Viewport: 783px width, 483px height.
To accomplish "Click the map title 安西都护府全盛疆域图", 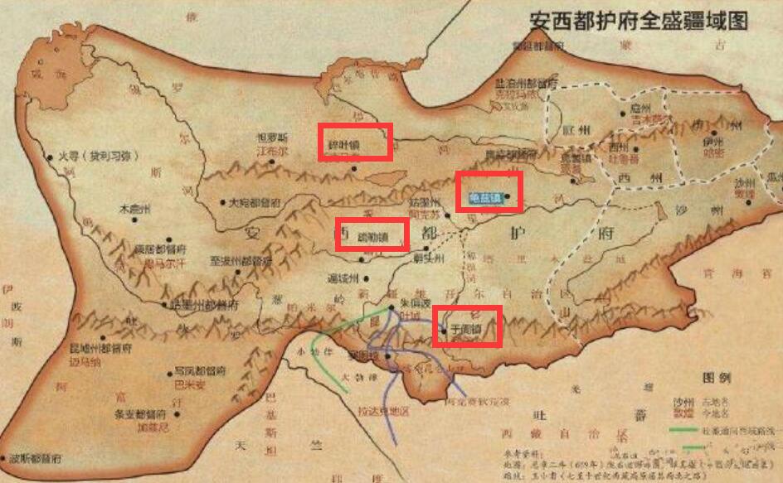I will tap(639, 19).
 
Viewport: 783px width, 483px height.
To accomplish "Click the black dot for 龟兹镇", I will tap(507, 196).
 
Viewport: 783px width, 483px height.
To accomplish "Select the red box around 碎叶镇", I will tap(356, 142).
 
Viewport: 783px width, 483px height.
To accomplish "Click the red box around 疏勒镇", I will tap(372, 234).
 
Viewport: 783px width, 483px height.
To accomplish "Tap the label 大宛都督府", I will tap(255, 201).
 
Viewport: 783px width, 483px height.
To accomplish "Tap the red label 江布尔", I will tap(273, 152).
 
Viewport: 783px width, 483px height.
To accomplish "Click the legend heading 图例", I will tap(716, 377).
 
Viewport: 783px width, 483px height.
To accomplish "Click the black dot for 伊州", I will tap(712, 132).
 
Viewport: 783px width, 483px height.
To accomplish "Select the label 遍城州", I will tap(342, 277).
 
